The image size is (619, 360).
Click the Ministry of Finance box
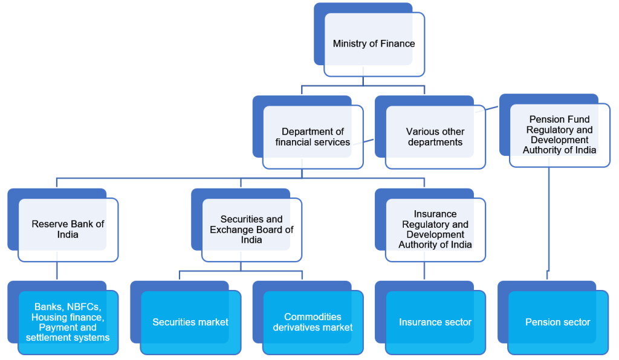(374, 44)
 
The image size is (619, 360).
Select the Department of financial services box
(313, 137)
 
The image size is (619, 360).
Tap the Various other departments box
(435, 137)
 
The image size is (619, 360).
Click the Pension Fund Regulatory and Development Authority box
(559, 135)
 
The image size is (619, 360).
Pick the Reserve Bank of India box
(68, 230)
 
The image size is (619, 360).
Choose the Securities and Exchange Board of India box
(251, 230)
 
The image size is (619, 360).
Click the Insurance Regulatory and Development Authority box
(435, 230)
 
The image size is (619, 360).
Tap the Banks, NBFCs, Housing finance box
(68, 323)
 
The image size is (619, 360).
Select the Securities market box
(190, 323)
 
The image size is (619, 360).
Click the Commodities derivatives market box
(313, 323)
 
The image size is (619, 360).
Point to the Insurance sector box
(435, 323)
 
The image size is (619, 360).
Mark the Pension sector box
(558, 323)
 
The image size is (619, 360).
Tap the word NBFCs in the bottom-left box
(83, 307)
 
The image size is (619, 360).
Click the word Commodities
(313, 317)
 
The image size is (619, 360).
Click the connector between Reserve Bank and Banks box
(57, 271)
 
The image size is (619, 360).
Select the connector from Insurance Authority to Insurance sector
(424, 271)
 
